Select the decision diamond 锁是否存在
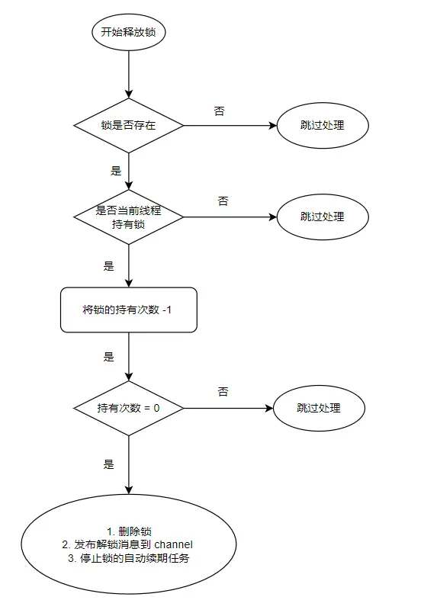click(x=129, y=124)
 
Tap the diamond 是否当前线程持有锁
click(x=129, y=217)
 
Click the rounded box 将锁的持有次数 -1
click(x=129, y=310)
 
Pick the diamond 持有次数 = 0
click(x=129, y=409)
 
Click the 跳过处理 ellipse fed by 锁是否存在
click(x=323, y=124)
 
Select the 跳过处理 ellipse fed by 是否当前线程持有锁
click(x=323, y=217)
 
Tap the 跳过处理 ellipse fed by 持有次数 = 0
click(x=319, y=408)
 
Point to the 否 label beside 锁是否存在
click(x=220, y=111)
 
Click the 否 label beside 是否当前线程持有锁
click(x=223, y=202)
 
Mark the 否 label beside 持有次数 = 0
click(x=223, y=392)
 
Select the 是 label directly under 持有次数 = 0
click(x=108, y=464)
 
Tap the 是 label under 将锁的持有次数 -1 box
click(x=108, y=356)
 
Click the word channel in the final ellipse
click(x=174, y=544)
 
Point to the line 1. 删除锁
click(x=129, y=531)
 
